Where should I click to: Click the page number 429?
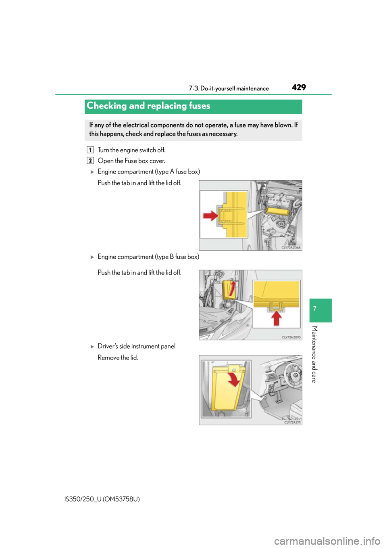pos(299,87)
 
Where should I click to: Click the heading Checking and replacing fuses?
pos(148,106)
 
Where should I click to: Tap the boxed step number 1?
pos(90,149)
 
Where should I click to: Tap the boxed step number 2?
pos(90,161)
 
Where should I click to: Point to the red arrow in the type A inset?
pos(210,216)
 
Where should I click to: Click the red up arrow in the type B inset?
pos(276,318)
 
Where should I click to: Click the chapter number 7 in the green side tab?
pos(315,308)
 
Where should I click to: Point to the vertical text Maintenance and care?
pos(314,354)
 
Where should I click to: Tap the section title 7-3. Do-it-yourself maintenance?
pos(229,88)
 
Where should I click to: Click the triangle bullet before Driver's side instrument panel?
pos(92,347)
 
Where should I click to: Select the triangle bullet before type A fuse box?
pos(92,172)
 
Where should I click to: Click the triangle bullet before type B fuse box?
pos(92,257)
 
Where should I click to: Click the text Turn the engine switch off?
pos(131,150)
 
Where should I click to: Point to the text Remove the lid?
pos(118,358)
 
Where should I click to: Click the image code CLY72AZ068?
pos(291,248)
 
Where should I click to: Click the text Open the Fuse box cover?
pos(131,161)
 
